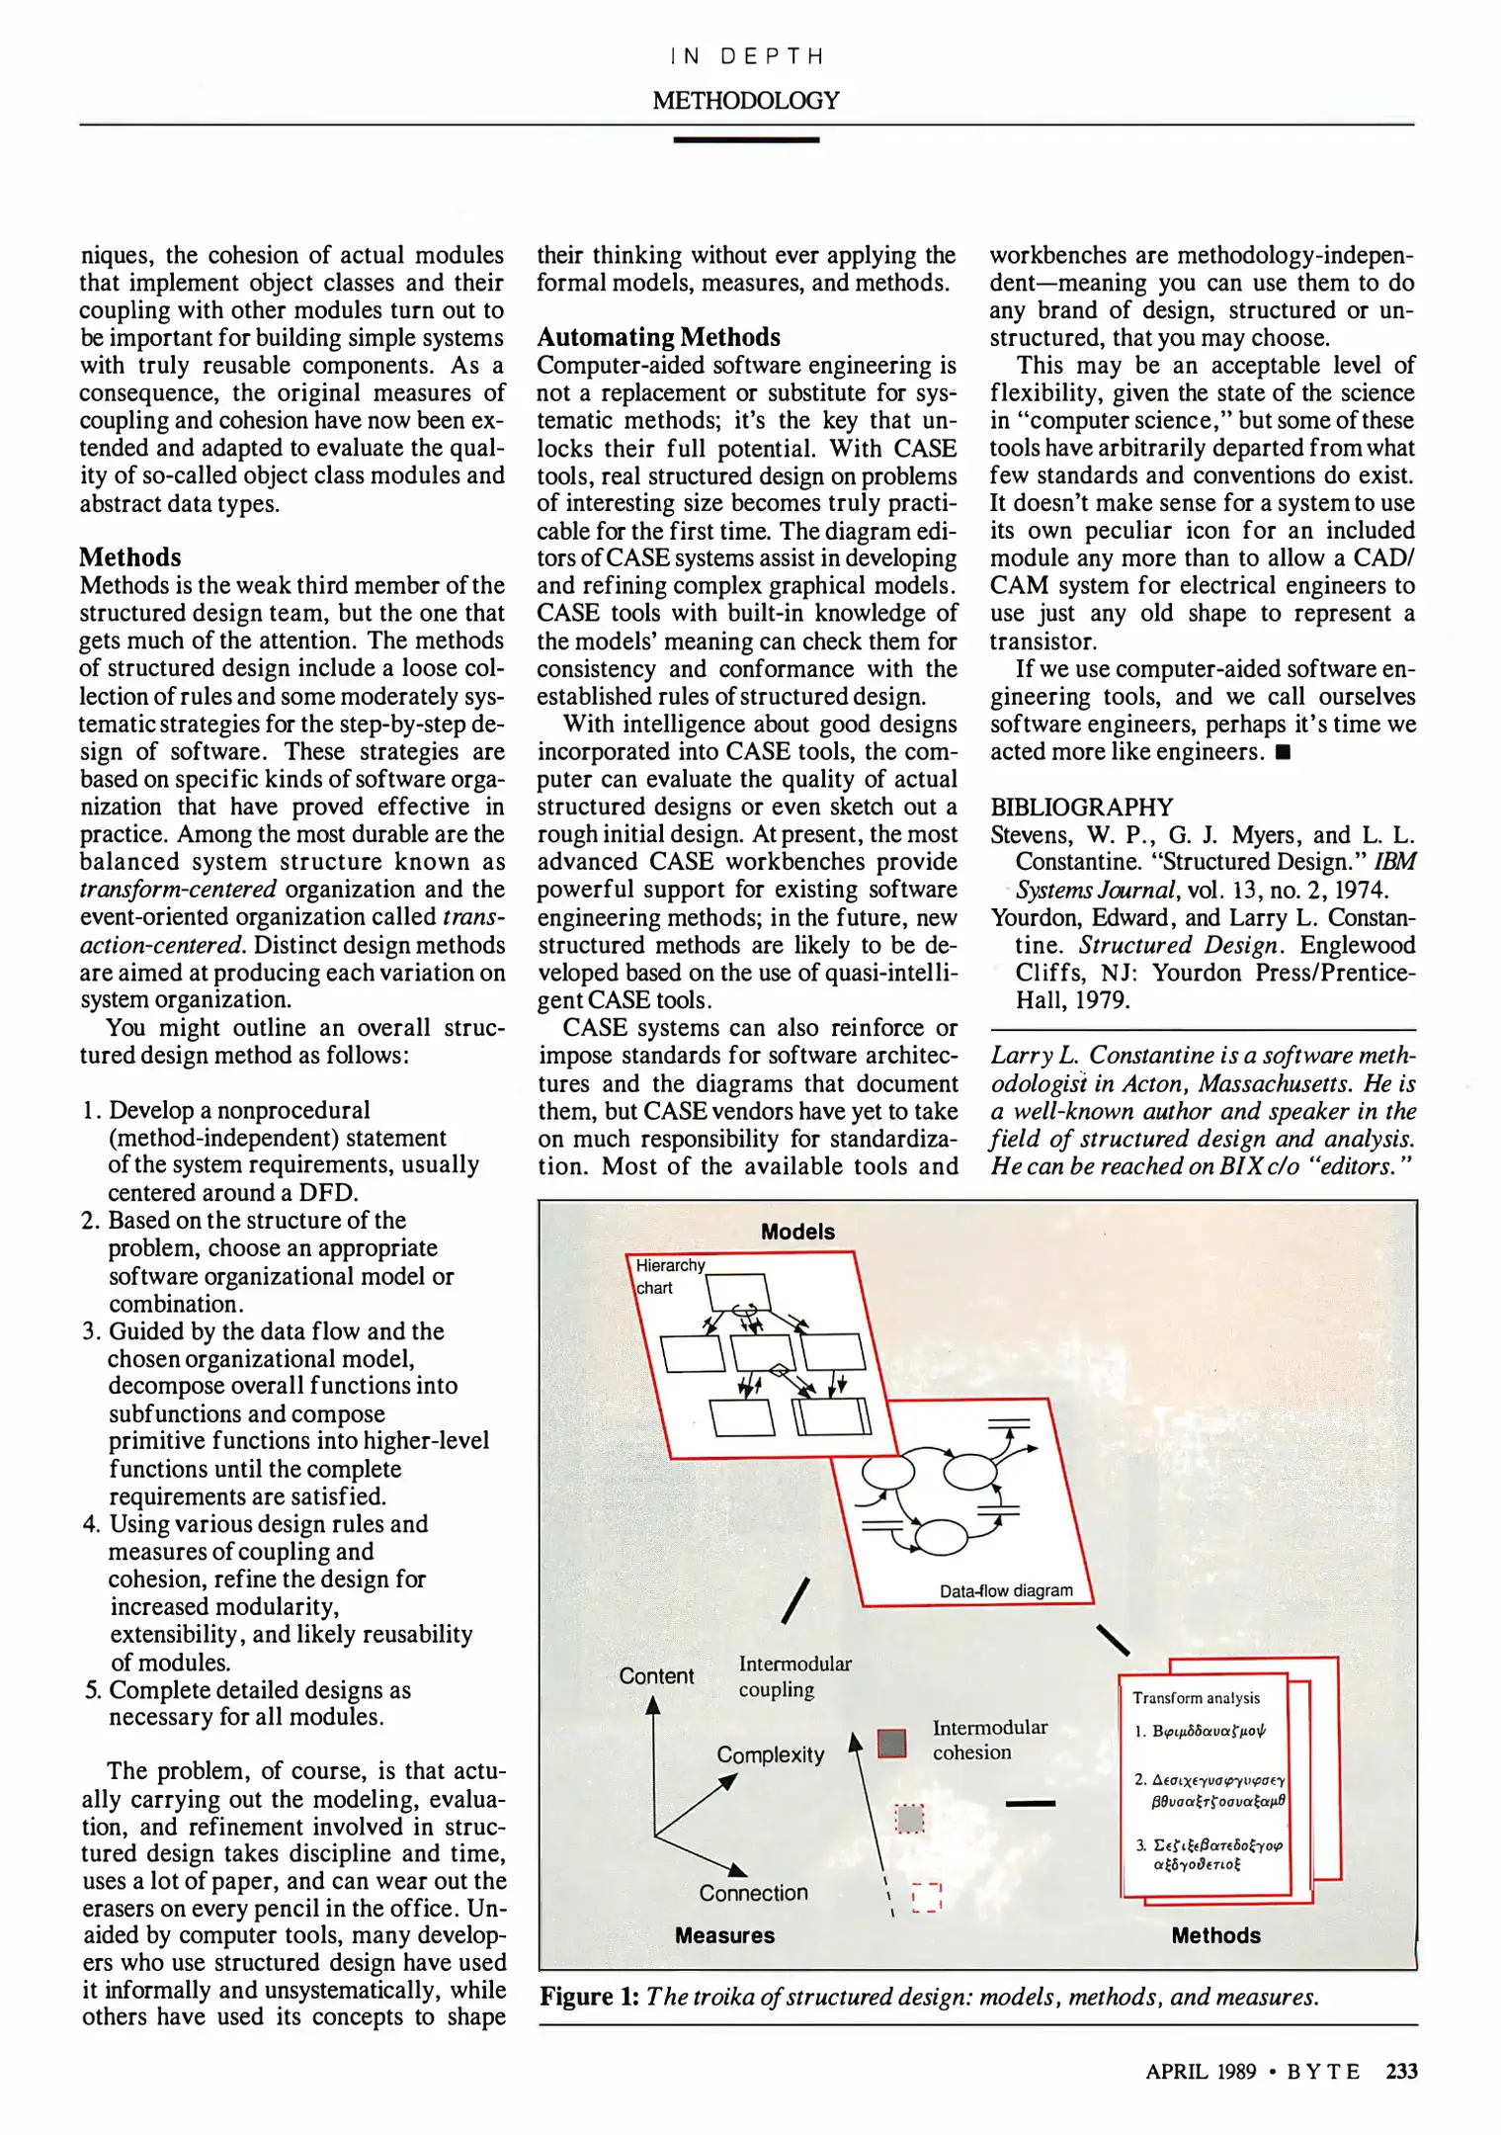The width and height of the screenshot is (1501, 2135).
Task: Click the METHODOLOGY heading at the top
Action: click(745, 100)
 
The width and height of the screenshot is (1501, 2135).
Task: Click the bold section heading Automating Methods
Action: click(658, 337)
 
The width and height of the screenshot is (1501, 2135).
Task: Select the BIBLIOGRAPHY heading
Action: click(1081, 807)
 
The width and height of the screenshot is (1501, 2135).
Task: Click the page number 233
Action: click(1400, 2071)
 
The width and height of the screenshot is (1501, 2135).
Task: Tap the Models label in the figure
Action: click(797, 1232)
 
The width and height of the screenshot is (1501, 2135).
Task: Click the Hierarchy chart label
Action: click(668, 1276)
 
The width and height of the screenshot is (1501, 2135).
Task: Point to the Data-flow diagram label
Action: click(1005, 1590)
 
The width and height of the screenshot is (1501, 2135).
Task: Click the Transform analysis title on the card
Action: click(1196, 1698)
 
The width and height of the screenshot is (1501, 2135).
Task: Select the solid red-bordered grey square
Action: click(892, 1743)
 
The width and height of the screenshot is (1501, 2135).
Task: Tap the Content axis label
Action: click(656, 1676)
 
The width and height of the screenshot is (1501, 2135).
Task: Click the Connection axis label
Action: click(753, 1893)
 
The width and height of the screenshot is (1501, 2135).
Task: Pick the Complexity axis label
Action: click(770, 1754)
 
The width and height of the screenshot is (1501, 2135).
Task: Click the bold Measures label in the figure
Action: click(724, 1935)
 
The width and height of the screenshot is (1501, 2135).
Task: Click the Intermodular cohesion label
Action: click(988, 1740)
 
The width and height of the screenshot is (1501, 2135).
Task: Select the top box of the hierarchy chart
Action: click(738, 1291)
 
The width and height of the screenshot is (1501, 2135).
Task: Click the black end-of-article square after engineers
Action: click(1283, 752)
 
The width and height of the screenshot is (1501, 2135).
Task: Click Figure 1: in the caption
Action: click(589, 1997)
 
